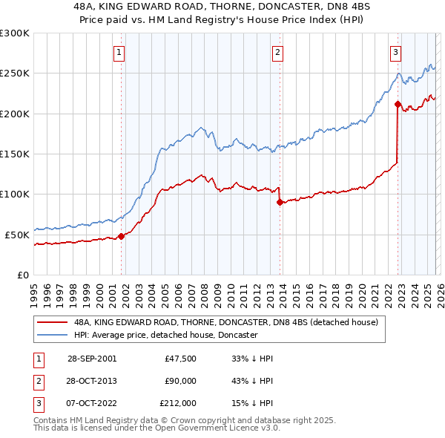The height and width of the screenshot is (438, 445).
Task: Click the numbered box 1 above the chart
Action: click(119, 52)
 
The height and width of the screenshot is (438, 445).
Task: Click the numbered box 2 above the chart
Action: click(277, 52)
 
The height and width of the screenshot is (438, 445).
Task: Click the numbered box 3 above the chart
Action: click(395, 52)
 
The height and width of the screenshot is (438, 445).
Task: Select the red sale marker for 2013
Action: click(280, 202)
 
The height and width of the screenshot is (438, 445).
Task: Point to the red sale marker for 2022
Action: click(398, 105)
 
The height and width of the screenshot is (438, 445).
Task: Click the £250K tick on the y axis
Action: click(15, 73)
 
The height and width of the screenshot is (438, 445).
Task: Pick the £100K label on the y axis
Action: click(15, 194)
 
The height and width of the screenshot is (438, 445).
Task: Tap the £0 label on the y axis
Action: click(22, 275)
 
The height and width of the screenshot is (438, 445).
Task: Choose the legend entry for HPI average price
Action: click(165, 335)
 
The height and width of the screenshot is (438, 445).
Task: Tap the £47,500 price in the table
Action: click(181, 359)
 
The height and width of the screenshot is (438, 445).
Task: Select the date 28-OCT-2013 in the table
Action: click(91, 381)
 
